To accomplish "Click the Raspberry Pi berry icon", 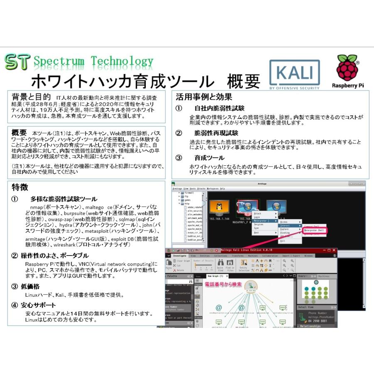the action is click(347, 68).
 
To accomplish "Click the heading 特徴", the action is click(20, 187).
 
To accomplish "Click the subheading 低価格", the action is click(31, 286).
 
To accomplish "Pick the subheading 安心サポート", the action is click(39, 305).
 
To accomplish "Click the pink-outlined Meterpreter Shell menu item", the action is click(315, 229).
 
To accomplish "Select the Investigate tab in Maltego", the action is click(180, 256).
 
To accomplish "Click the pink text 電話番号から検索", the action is click(223, 284).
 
